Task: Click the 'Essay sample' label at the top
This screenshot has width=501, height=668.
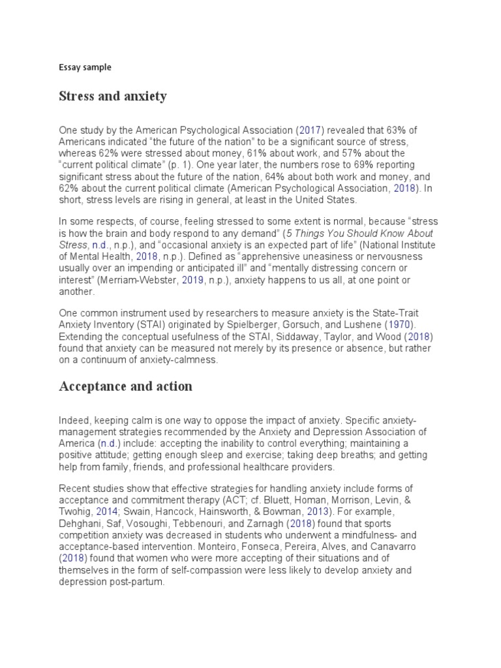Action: [85, 67]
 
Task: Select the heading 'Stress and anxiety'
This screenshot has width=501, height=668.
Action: [113, 97]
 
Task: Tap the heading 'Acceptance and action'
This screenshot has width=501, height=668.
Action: [125, 386]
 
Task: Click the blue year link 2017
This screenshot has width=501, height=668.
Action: [311, 130]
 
